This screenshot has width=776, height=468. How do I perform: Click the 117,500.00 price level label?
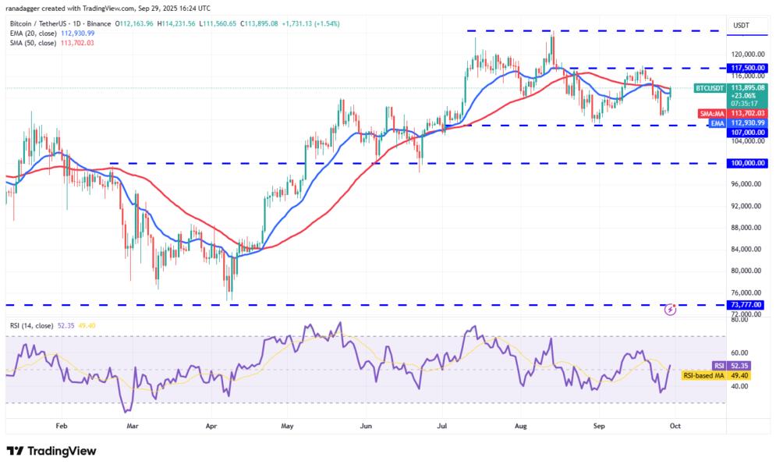click(x=746, y=68)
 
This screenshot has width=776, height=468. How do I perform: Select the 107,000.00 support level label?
click(x=746, y=132)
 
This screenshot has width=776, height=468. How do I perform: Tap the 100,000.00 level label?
click(x=746, y=163)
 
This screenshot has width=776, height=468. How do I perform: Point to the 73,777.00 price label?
click(x=746, y=305)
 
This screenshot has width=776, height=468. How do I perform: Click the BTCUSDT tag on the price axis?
click(x=709, y=88)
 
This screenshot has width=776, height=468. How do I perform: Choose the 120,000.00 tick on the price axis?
click(x=746, y=54)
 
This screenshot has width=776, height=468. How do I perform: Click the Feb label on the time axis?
click(x=62, y=427)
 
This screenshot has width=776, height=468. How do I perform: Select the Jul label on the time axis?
click(x=442, y=427)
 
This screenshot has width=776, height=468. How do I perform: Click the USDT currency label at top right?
click(x=741, y=25)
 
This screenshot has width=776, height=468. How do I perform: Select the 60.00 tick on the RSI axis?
click(x=741, y=353)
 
